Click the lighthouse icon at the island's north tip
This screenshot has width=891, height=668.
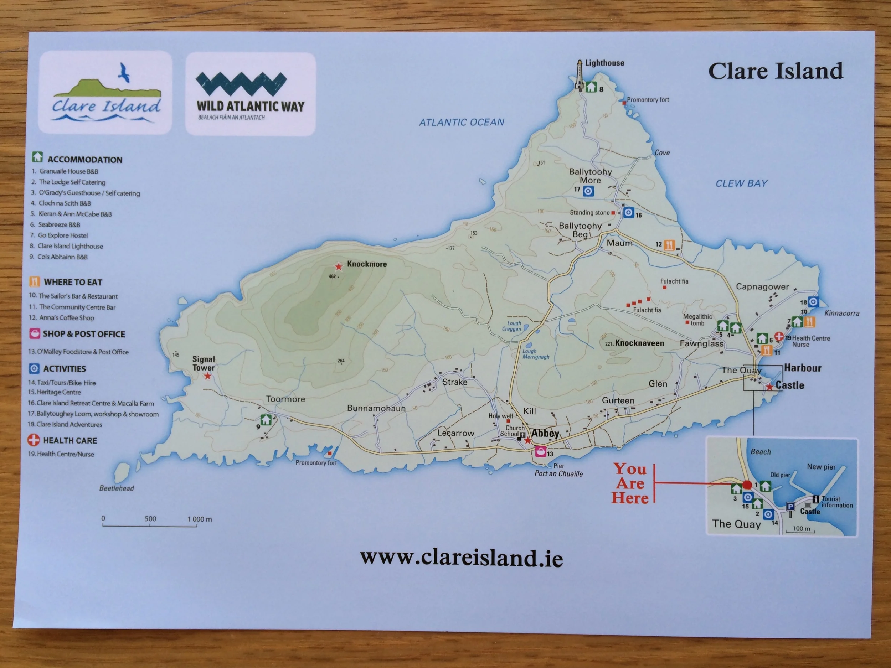pos(579,75)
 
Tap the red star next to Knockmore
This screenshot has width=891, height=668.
pos(338,266)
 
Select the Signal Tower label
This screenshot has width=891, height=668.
pos(204,363)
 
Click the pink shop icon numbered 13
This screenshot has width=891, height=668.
pos(540,452)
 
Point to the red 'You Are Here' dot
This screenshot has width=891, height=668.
pos(747,485)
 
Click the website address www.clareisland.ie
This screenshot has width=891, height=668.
pos(461,559)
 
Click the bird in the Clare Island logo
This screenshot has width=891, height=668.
pos(124,73)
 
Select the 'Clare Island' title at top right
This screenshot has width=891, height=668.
pos(775,71)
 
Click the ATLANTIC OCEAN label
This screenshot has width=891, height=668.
pos(462,123)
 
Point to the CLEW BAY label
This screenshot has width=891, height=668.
pos(741,183)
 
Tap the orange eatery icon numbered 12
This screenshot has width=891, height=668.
pos(669,245)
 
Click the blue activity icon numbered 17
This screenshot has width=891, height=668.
pos(588,191)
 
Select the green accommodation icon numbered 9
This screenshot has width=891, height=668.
pos(266,420)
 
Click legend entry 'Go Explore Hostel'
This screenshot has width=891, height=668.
pos(62,235)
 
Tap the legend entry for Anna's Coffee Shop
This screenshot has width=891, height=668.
pos(66,318)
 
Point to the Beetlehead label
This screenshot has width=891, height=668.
pos(117,488)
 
